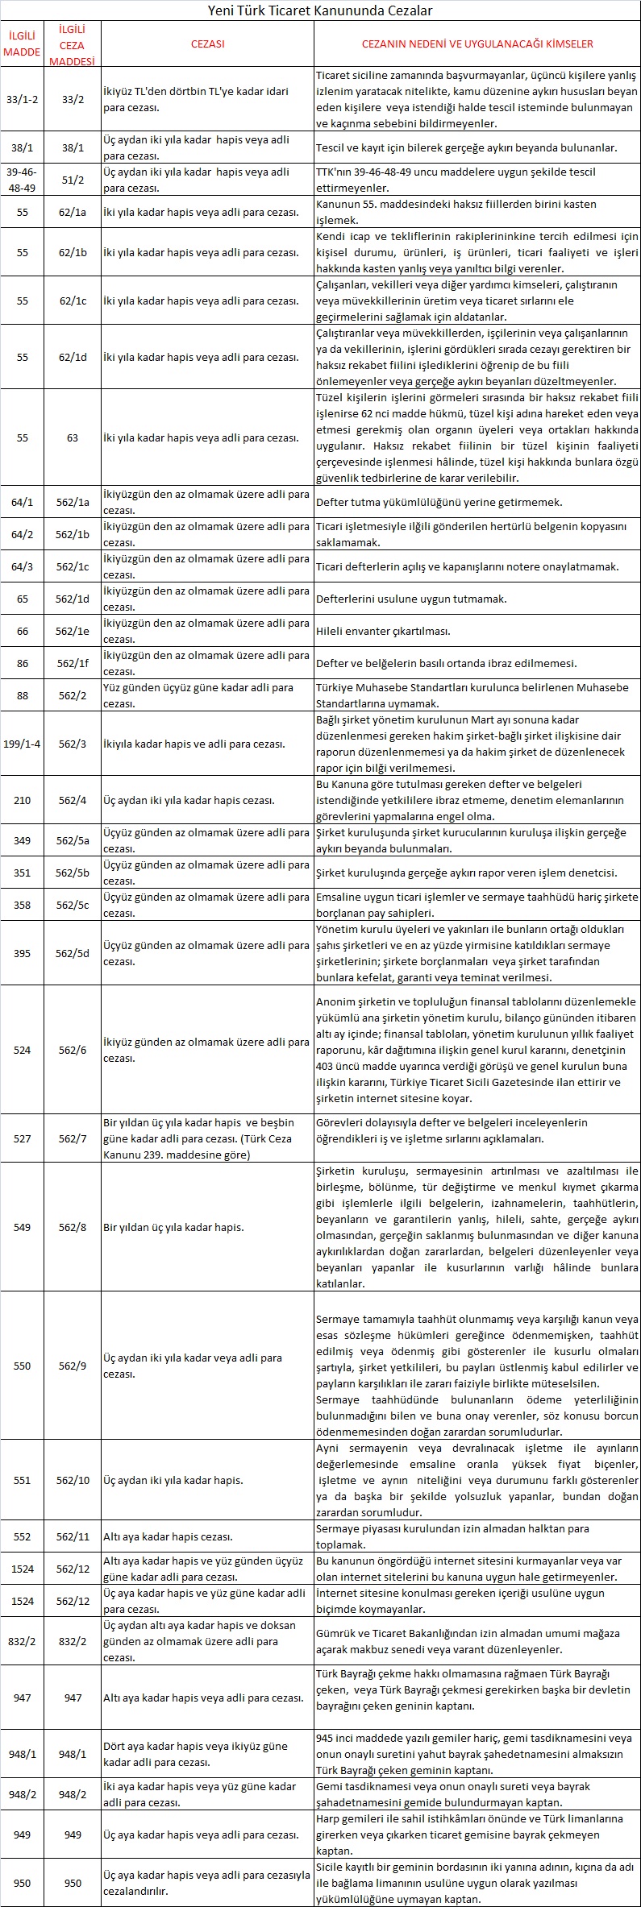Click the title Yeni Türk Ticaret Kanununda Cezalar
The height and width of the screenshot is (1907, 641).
[320, 10]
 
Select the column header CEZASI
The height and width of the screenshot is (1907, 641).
[207, 44]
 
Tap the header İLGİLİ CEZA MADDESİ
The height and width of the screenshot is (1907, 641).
[73, 44]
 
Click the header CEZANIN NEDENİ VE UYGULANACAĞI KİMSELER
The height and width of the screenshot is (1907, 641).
[477, 44]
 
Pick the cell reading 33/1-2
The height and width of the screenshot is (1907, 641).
[23, 99]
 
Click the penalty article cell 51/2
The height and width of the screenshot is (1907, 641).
[73, 180]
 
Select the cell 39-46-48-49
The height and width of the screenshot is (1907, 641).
[23, 180]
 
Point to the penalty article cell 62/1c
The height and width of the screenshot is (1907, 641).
[73, 301]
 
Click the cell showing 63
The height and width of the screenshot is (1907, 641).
[73, 437]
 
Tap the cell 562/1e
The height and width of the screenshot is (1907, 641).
[73, 631]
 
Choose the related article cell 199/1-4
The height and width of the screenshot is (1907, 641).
[23, 744]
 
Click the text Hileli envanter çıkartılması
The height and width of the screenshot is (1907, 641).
[383, 631]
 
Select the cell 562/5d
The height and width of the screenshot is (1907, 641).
[73, 953]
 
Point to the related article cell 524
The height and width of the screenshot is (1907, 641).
[23, 1050]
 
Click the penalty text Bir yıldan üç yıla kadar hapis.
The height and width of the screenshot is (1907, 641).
[173, 1227]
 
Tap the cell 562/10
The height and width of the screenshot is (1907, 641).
[73, 1480]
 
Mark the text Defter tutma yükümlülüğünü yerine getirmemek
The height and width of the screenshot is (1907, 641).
[439, 502]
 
